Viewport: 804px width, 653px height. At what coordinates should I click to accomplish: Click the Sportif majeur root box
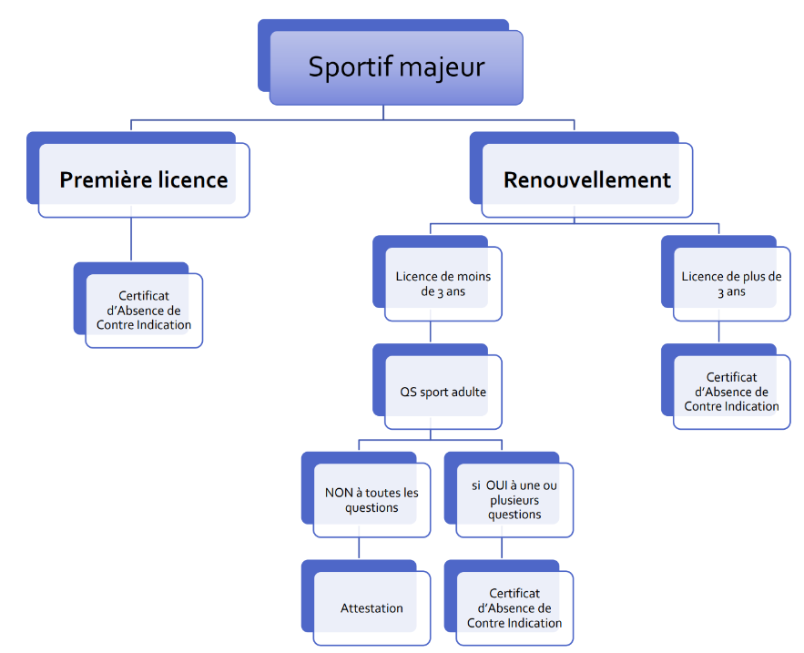[396, 67]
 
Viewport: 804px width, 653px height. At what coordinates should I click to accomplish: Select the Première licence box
[143, 179]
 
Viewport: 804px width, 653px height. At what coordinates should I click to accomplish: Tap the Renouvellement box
[586, 179]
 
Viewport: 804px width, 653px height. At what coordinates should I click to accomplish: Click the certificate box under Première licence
[144, 311]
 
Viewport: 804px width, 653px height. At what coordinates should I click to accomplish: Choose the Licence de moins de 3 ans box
[443, 284]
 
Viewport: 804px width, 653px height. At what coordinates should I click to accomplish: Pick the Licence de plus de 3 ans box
[731, 284]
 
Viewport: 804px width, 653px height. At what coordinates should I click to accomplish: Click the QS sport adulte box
[443, 393]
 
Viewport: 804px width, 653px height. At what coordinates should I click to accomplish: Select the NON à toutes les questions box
[371, 500]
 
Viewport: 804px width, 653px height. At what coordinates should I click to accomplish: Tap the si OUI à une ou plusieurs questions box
[514, 500]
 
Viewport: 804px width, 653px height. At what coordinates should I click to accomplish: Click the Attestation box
[371, 608]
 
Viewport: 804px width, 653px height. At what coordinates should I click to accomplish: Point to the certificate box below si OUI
[514, 608]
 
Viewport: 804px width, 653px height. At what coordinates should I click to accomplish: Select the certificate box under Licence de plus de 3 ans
[731, 392]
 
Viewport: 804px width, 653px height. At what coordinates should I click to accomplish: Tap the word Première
[97, 179]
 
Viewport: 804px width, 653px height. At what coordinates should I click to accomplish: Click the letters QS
[408, 393]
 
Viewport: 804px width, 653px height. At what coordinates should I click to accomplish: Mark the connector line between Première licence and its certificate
[131, 240]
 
